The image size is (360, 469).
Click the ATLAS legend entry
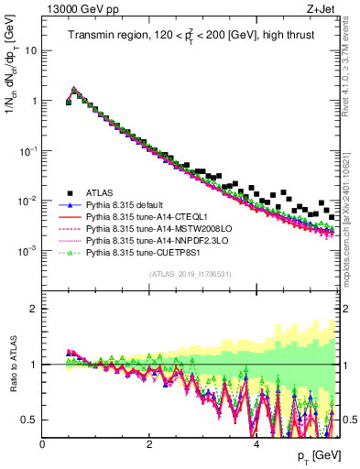98,192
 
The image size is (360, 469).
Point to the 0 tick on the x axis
43,443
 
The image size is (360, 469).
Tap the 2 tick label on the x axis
149,443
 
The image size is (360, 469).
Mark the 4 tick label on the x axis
256,443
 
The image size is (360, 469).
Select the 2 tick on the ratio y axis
34,308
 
